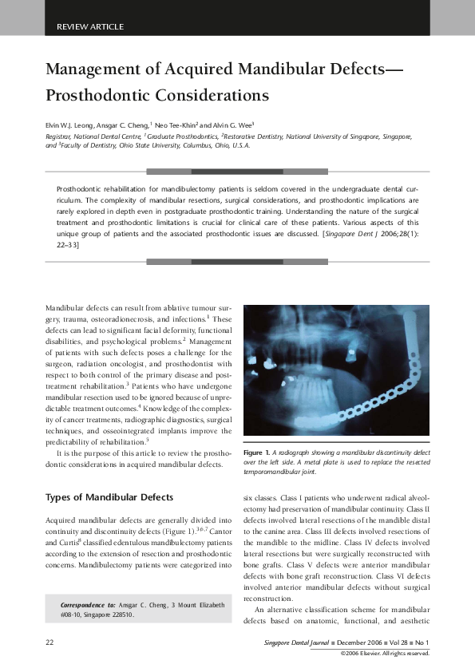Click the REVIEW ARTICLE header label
[90, 26]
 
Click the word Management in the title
[97, 69]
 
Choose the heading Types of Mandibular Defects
[109, 497]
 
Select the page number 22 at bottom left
[49, 642]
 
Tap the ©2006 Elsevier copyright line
[385, 653]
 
